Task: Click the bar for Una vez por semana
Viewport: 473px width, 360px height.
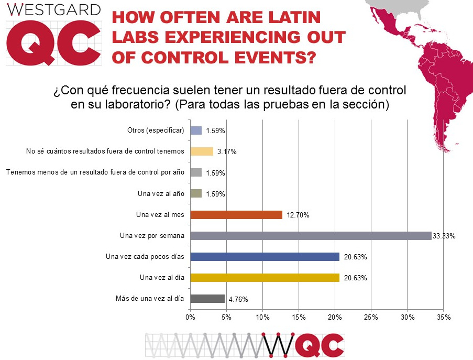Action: point(311,236)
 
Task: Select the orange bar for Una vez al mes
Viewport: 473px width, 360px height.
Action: point(236,215)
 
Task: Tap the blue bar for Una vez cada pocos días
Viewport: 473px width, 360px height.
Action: point(265,257)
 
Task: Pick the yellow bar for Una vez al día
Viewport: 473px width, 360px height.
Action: point(265,278)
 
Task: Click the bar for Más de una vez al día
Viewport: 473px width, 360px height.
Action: point(207,299)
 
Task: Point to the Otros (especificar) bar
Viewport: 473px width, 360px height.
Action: point(196,131)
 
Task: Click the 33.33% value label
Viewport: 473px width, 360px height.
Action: point(444,236)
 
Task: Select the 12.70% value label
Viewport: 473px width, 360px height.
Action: point(298,215)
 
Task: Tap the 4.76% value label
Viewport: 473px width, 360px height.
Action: point(237,299)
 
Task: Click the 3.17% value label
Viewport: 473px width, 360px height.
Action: point(226,152)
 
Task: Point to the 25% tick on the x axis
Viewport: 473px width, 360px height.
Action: point(371,317)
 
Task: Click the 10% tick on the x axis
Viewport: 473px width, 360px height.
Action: point(262,317)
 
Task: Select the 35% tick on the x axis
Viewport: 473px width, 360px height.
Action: point(443,317)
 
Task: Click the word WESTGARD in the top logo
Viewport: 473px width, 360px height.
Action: point(53,9)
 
